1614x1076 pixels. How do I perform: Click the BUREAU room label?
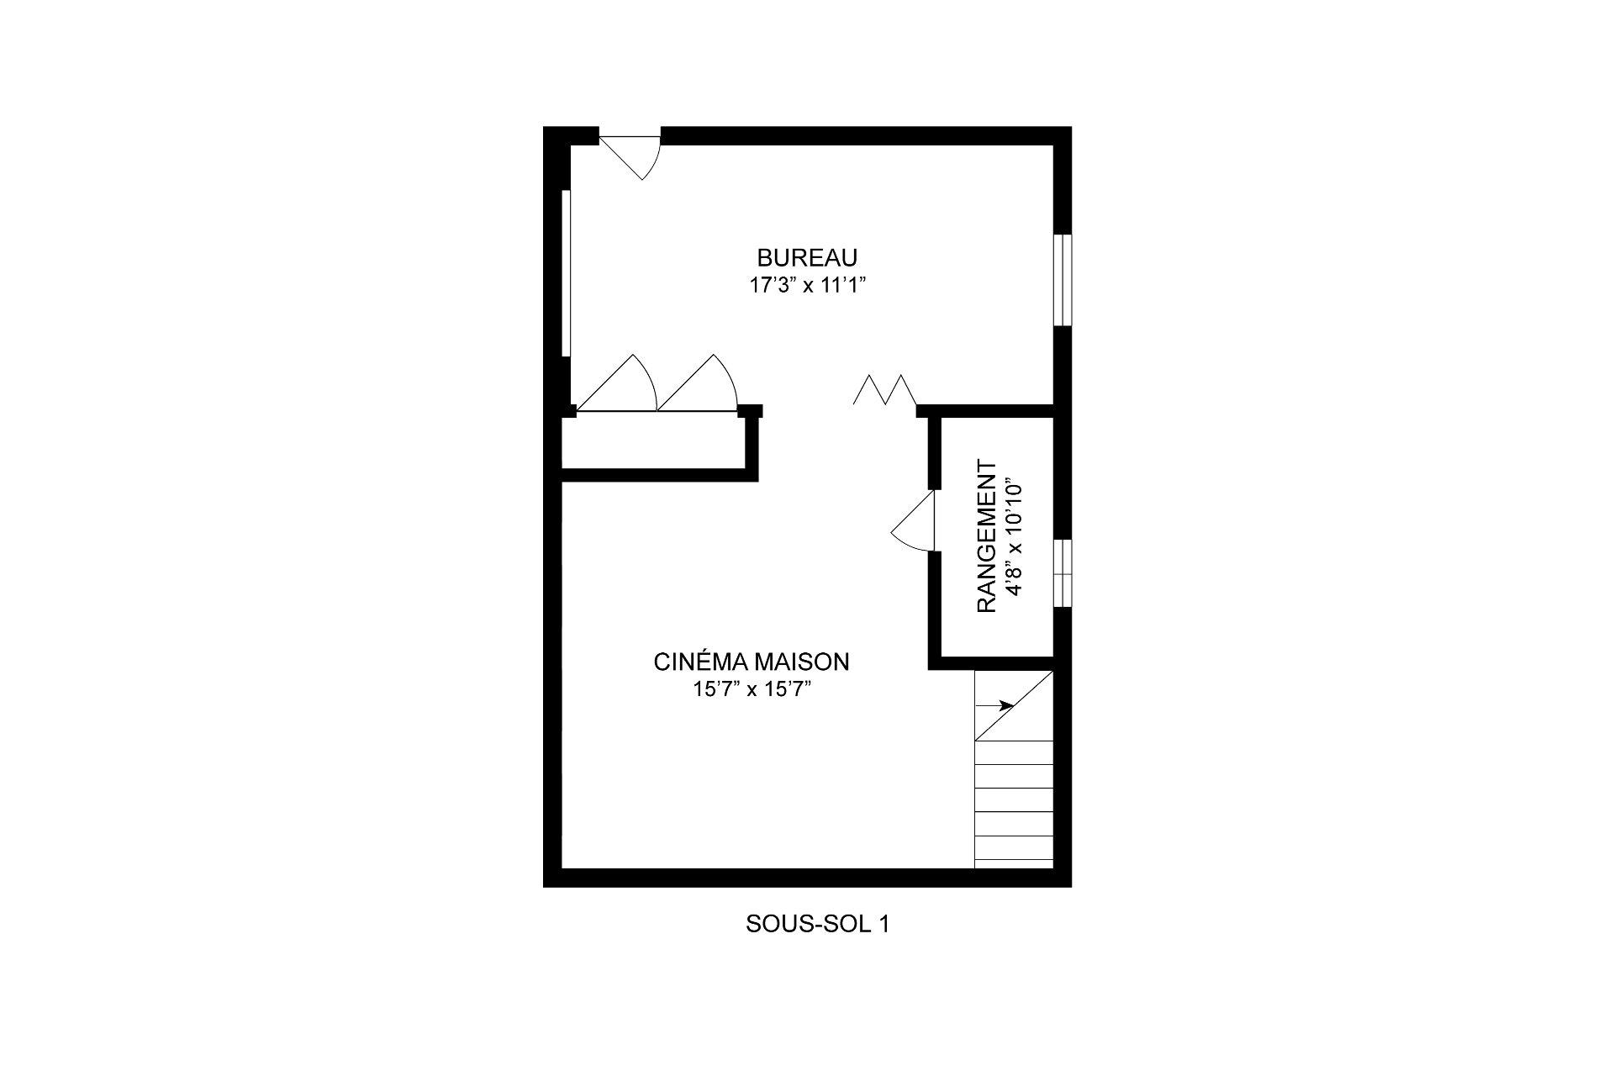pos(807,257)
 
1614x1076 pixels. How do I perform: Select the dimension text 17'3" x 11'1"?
pos(807,286)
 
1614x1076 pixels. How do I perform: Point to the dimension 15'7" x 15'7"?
pos(752,690)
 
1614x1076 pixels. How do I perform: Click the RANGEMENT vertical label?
pos(987,536)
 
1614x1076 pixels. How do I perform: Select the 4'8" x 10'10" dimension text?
pos(1014,536)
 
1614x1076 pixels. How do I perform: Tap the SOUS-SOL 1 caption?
pos(817,925)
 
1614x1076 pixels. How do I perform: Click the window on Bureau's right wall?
pos(1063,279)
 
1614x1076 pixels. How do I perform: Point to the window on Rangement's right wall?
pos(1063,572)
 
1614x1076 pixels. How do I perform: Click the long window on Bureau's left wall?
pos(567,274)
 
